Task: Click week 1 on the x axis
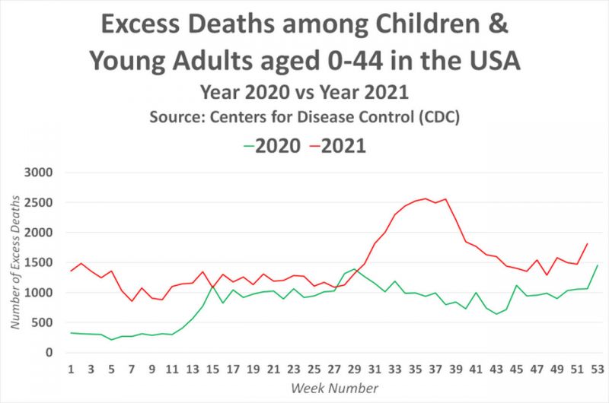pyautogui.click(x=71, y=370)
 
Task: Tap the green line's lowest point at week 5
pyautogui.click(x=111, y=340)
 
